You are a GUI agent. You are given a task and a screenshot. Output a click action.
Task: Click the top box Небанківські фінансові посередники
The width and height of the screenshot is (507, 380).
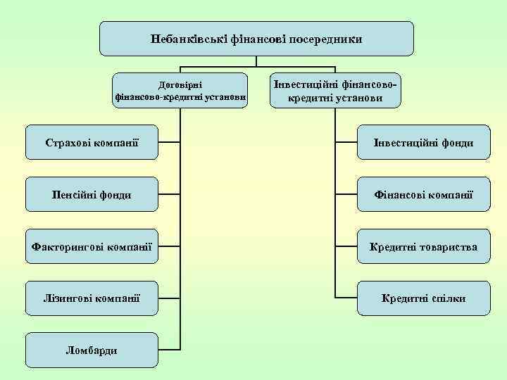point(256,39)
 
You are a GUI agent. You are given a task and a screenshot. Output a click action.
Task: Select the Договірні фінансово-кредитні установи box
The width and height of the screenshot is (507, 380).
point(180,90)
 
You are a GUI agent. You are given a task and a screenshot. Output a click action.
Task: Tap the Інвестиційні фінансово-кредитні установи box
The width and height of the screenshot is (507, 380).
point(335,90)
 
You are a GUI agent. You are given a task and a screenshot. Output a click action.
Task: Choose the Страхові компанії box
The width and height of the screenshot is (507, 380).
point(92,143)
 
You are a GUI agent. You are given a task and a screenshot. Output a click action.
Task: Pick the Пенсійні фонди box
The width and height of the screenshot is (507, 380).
point(92,194)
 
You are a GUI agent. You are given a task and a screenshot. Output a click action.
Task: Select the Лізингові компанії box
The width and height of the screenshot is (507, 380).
point(92,298)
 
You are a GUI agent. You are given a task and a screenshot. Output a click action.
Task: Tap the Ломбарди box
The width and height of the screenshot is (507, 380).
point(92,350)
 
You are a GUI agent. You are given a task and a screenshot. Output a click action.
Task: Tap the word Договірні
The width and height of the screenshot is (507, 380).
point(181,83)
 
